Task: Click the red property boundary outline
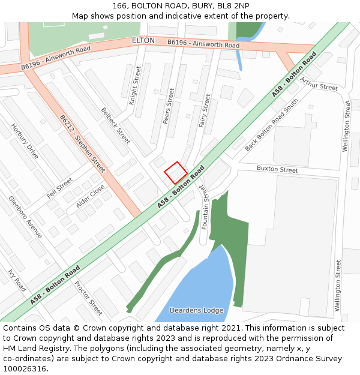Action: (x=175, y=173)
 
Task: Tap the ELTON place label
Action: (x=143, y=40)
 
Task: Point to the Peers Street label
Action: (x=168, y=106)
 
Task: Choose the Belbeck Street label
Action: (x=115, y=125)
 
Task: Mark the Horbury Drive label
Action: (x=25, y=141)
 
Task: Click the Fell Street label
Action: (x=60, y=189)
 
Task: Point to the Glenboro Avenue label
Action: (x=25, y=217)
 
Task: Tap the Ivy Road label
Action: (x=17, y=280)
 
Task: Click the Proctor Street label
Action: (x=88, y=298)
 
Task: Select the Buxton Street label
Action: (x=277, y=170)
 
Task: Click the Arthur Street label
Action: (x=319, y=83)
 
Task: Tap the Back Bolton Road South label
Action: (x=271, y=125)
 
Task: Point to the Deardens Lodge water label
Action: (x=196, y=310)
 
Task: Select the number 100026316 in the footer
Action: (x=25, y=368)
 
